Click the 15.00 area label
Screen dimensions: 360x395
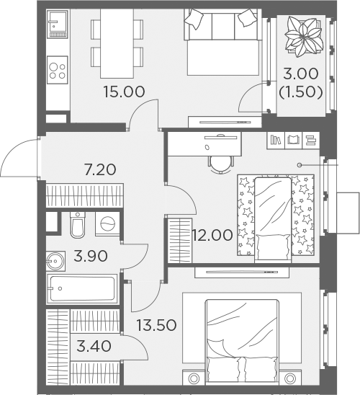tap(125, 92)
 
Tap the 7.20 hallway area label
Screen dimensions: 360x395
tap(100, 169)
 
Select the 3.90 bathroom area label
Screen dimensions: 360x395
tap(91, 256)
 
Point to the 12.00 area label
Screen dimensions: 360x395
tap(212, 235)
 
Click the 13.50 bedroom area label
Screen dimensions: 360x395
tap(156, 325)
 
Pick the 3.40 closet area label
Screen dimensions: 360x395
tap(94, 346)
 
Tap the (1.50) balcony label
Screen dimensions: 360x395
tap(301, 92)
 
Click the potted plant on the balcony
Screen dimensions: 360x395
tap(304, 36)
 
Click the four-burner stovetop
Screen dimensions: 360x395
tap(58, 70)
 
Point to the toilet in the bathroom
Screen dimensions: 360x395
tap(78, 225)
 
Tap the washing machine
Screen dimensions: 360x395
tap(107, 224)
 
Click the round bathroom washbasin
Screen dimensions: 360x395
tap(55, 261)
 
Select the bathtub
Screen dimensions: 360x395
tap(82, 289)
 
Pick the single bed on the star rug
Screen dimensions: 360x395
tap(273, 220)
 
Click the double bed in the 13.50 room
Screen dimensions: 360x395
tap(242, 342)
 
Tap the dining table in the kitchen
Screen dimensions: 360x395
tap(117, 43)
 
